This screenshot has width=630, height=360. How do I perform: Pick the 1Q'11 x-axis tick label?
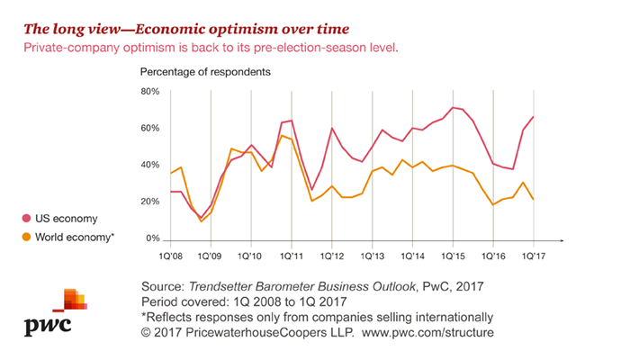point(292,256)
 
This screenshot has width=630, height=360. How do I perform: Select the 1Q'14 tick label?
point(413,256)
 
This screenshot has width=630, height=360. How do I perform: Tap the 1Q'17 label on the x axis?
point(535,256)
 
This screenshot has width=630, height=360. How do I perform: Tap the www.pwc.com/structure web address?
point(429,334)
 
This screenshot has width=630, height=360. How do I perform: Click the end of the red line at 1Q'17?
point(535,117)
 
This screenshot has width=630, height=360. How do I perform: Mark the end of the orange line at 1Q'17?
point(535,200)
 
